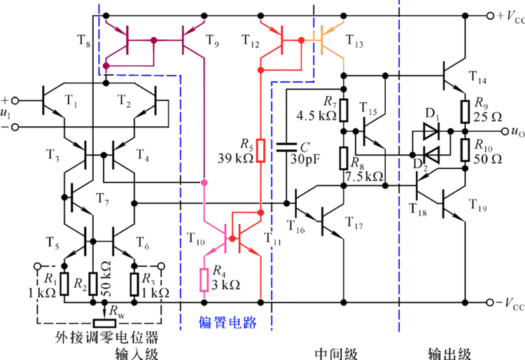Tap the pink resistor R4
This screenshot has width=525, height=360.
tap(204, 280)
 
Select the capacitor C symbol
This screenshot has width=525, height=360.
tap(286, 147)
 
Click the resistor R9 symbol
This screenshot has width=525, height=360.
tap(463, 111)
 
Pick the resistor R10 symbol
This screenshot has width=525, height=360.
tap(463, 149)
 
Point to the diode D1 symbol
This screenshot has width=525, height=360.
tap(430, 130)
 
